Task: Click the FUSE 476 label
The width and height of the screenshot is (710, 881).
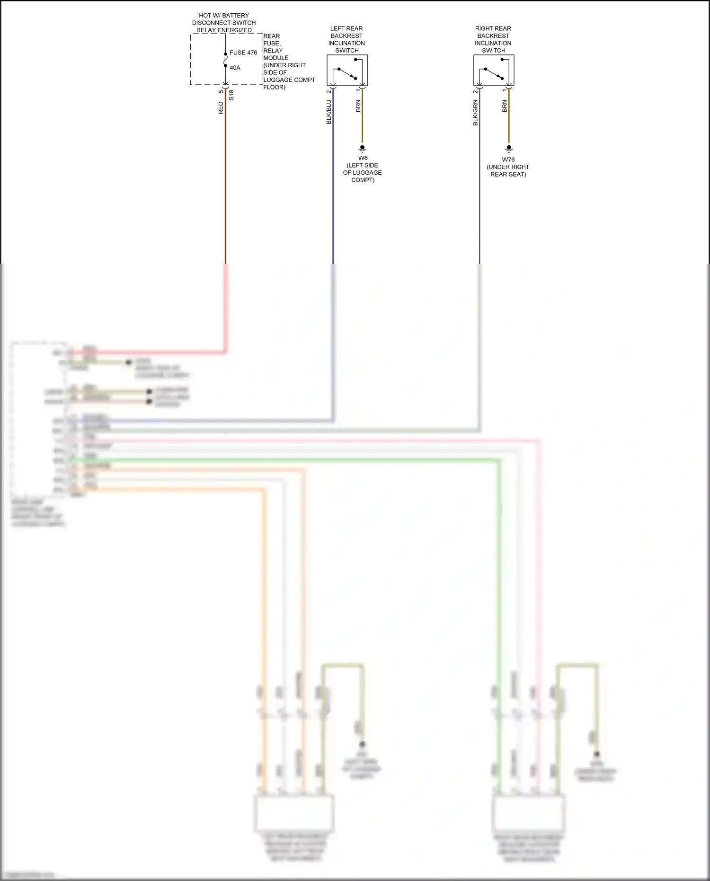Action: (243, 53)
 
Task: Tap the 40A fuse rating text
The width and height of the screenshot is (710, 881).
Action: (235, 68)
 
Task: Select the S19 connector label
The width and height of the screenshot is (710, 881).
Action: (231, 95)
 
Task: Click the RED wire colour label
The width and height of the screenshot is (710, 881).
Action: (221, 107)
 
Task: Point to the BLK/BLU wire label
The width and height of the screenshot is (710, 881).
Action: (328, 112)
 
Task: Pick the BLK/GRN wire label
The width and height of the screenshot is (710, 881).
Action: (475, 112)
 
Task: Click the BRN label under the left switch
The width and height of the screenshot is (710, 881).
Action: (358, 106)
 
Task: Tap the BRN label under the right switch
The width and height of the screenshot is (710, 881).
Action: (505, 106)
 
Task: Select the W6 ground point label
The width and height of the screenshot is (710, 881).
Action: (363, 158)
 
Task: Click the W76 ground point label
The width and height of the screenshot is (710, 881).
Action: (508, 160)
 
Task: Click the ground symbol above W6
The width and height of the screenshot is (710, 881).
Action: (363, 149)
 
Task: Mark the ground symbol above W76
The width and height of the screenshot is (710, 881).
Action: (509, 149)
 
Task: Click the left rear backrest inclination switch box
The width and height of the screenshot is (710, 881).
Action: (347, 70)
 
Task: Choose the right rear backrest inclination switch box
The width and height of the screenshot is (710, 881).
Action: (494, 70)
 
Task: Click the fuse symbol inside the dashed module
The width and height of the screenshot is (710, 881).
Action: (225, 60)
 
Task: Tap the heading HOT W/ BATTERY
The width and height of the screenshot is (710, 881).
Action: (223, 16)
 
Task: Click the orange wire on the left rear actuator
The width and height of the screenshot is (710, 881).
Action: (264, 615)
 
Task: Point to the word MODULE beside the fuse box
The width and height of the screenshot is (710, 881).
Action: (276, 58)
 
